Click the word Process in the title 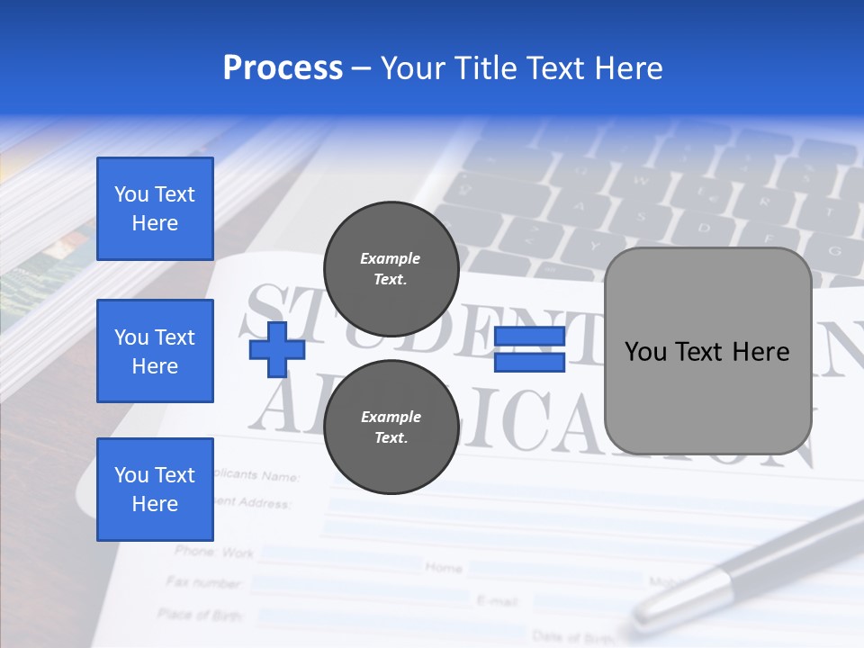pyautogui.click(x=283, y=68)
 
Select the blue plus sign pyautogui.click(x=276, y=349)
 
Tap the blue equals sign pyautogui.click(x=529, y=349)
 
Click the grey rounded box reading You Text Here pyautogui.click(x=707, y=351)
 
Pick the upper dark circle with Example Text pyautogui.click(x=391, y=268)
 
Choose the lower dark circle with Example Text pyautogui.click(x=391, y=427)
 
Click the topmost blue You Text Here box pyautogui.click(x=155, y=209)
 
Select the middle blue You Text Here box pyautogui.click(x=155, y=351)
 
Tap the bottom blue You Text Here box pyautogui.click(x=155, y=490)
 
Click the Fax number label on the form pyautogui.click(x=204, y=582)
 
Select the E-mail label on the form pyautogui.click(x=494, y=599)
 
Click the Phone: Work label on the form pyautogui.click(x=214, y=552)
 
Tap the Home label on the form pyautogui.click(x=443, y=568)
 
